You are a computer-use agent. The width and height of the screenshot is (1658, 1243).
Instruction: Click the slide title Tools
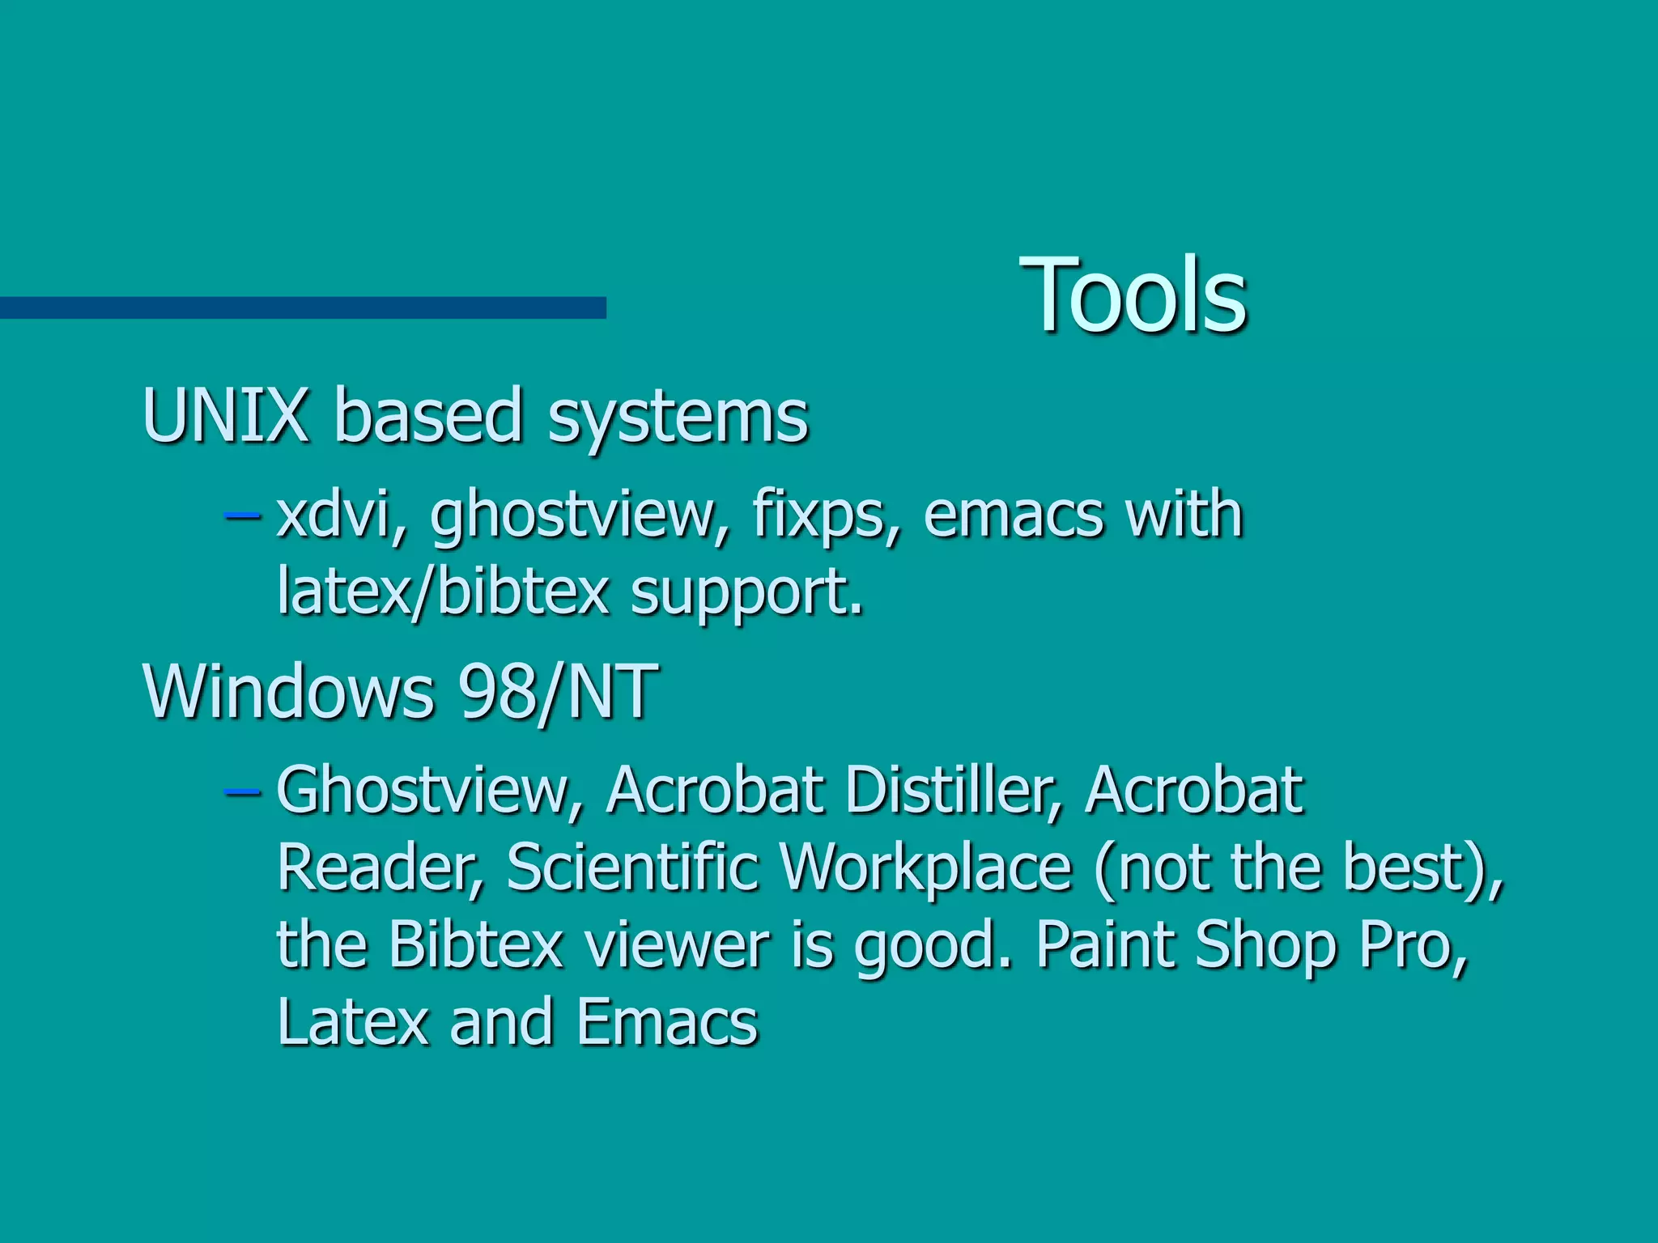coord(1133,295)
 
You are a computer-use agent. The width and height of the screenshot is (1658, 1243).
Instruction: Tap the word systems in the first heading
coord(678,418)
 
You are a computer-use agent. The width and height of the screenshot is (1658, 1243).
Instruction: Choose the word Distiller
coord(952,790)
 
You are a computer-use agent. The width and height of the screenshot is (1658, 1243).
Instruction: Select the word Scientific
coord(633,868)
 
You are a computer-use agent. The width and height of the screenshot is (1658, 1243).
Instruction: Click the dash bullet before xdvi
coord(241,515)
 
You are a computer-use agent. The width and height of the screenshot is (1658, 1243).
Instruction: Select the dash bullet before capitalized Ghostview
coord(241,789)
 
